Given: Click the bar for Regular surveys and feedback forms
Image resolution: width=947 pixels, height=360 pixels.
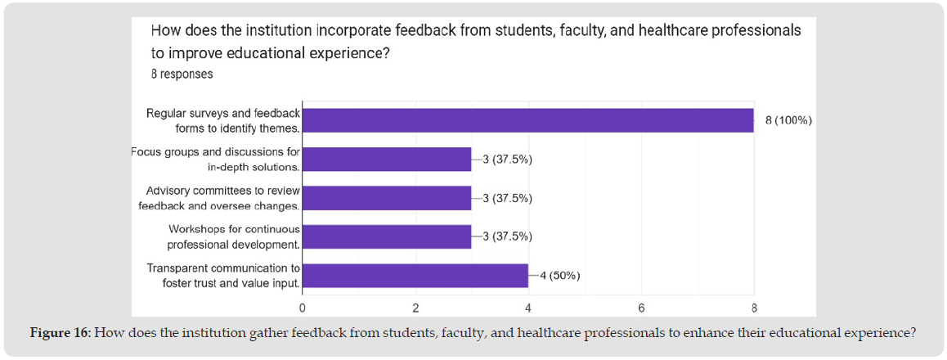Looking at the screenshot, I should [527, 120].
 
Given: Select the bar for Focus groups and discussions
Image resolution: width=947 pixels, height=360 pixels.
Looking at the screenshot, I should [387, 160].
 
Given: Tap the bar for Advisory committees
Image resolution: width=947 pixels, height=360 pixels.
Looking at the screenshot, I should [387, 198].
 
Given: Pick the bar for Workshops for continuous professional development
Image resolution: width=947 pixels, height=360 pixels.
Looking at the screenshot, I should [387, 237].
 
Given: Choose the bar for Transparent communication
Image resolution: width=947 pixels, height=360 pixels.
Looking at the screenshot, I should [415, 276].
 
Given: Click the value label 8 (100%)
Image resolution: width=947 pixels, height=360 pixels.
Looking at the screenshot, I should [788, 120].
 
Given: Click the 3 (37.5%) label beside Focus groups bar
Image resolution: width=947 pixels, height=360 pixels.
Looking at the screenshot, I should [508, 160].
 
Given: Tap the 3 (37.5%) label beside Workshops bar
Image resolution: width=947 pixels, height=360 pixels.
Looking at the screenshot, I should [508, 237].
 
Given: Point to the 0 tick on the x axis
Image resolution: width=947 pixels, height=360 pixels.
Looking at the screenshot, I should [303, 308].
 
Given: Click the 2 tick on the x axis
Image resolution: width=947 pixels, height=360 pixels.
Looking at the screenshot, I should [415, 308].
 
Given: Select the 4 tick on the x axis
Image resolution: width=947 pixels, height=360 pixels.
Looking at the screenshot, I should [528, 308].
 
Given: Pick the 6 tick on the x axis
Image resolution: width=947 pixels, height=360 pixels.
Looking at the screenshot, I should [641, 308].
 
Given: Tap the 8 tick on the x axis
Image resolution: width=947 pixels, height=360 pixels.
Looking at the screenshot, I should [754, 308].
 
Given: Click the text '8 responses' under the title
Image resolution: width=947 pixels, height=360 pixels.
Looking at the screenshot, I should [182, 74].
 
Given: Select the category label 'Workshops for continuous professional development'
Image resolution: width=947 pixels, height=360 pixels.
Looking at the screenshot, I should [234, 237].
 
